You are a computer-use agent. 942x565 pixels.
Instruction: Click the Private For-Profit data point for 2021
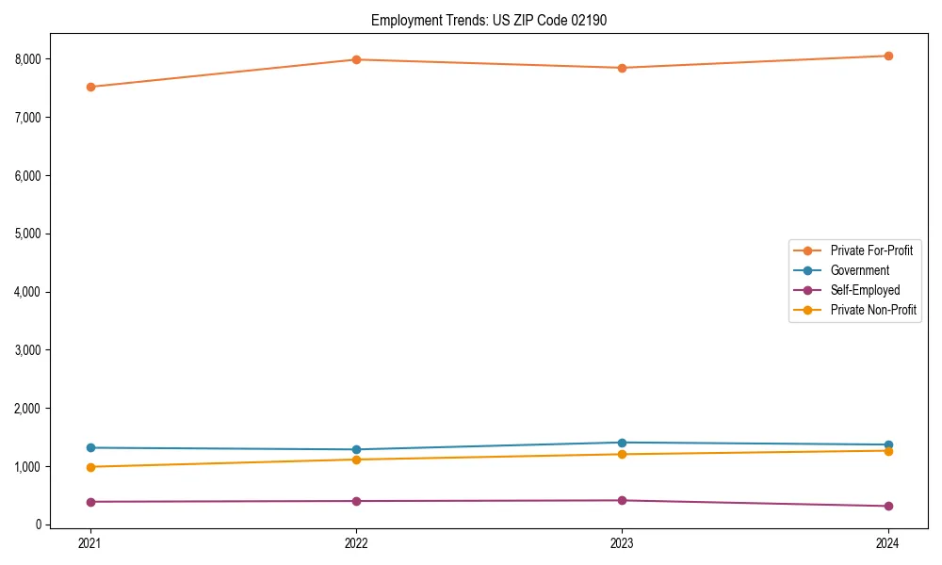tap(90, 87)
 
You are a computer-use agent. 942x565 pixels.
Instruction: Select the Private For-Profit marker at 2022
tap(356, 59)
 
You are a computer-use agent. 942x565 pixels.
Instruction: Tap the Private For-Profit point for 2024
tap(888, 56)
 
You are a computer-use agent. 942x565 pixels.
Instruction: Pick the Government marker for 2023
tap(622, 443)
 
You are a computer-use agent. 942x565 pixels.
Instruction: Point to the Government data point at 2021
tap(90, 447)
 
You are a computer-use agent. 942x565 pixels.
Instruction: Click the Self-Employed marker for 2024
tap(888, 506)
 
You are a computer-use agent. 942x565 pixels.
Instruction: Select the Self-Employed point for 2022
tap(356, 501)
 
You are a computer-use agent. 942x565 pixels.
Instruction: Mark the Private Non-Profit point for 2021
tap(90, 467)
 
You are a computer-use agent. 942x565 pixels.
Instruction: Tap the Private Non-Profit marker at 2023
tap(622, 454)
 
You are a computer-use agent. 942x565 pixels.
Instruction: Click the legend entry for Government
tap(859, 270)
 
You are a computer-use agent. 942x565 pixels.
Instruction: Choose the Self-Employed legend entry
tap(865, 290)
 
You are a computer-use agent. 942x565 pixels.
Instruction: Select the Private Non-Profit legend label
tap(873, 310)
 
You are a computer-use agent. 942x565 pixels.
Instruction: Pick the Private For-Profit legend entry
tap(871, 250)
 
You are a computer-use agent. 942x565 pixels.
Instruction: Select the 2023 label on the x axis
tap(622, 542)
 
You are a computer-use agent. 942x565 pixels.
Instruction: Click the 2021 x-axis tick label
tap(90, 542)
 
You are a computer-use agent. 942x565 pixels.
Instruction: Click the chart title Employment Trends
tap(430, 20)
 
